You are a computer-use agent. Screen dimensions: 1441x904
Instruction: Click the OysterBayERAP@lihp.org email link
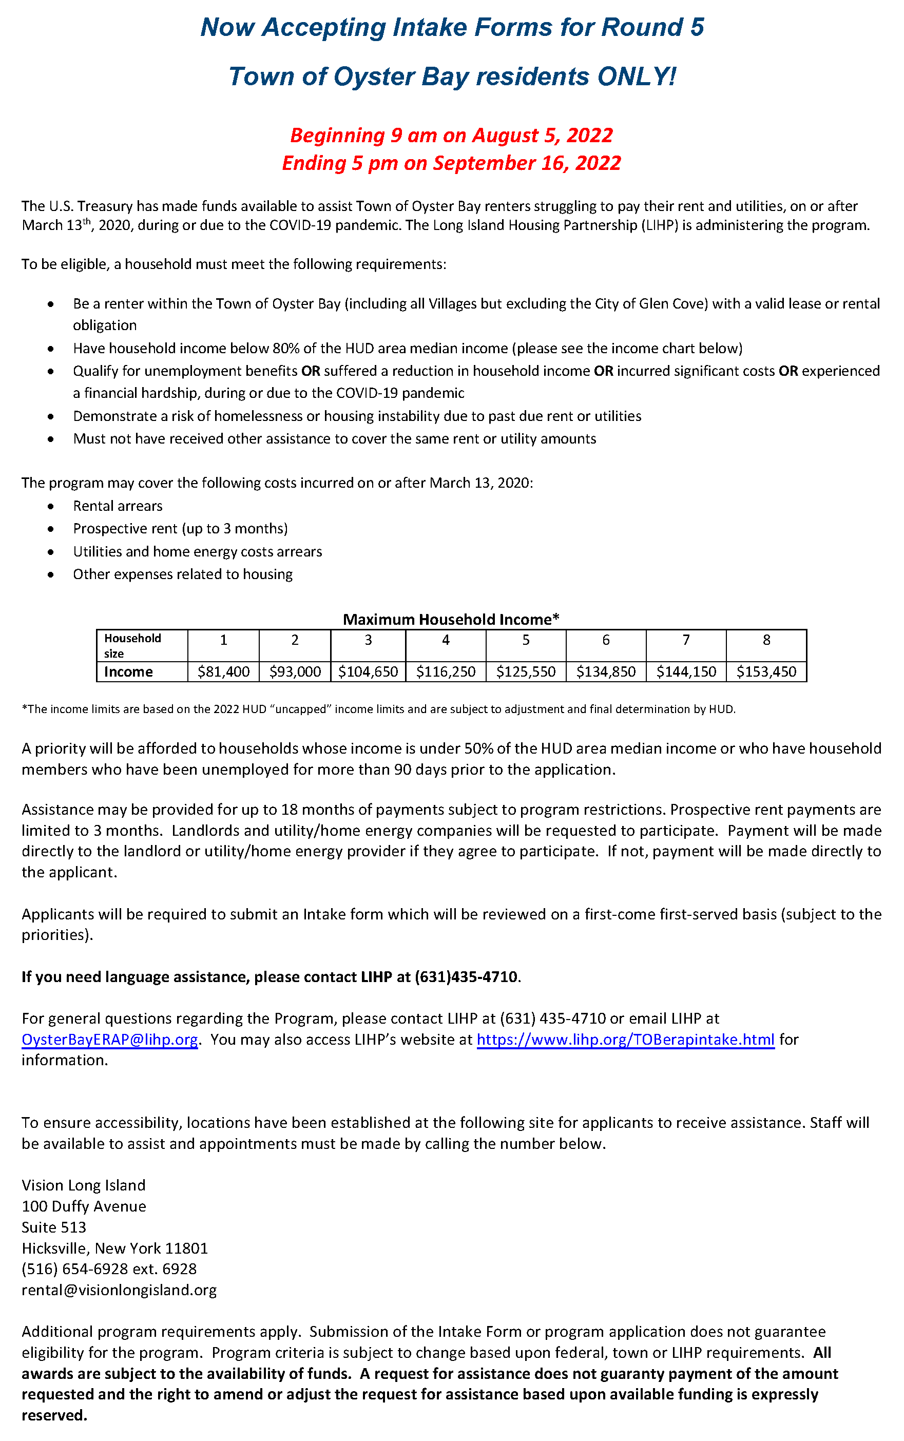[109, 1039]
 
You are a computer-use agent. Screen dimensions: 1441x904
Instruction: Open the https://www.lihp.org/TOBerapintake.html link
[625, 1039]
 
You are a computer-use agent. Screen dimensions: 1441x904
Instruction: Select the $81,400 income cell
[224, 671]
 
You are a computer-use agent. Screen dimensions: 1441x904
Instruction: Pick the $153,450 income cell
[766, 671]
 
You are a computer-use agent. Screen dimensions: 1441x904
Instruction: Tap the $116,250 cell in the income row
[446, 671]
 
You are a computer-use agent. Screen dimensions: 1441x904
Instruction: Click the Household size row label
[133, 645]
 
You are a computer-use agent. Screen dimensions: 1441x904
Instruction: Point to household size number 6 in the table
[606, 640]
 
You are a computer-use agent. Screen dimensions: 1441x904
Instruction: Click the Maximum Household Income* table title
[451, 620]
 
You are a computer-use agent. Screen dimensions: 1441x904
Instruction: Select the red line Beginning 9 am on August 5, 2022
[451, 135]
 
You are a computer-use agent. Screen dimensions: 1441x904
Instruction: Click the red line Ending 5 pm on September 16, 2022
[451, 163]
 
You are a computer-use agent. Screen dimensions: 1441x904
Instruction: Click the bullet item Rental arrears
[118, 506]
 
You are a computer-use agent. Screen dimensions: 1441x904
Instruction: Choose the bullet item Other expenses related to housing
[183, 574]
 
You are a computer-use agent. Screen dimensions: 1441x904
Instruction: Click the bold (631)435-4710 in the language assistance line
[466, 976]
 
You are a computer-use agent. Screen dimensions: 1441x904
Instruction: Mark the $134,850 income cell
[606, 671]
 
